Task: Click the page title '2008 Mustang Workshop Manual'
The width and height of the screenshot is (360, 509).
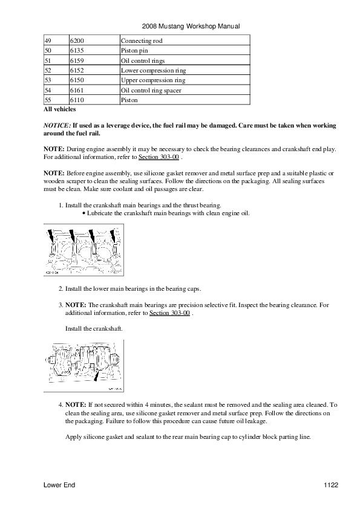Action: pyautogui.click(x=191, y=26)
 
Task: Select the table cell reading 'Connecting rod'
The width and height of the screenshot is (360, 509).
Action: pyautogui.click(x=185, y=41)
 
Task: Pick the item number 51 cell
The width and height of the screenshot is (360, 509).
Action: pyautogui.click(x=56, y=60)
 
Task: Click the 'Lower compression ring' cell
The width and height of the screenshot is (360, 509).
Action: pyautogui.click(x=185, y=70)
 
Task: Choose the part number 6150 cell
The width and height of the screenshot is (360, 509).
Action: pyautogui.click(x=94, y=80)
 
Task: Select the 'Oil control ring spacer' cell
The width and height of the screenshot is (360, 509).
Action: pyautogui.click(x=185, y=90)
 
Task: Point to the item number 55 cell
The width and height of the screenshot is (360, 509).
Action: pyautogui.click(x=56, y=100)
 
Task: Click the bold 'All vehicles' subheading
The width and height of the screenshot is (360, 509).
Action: pyautogui.click(x=60, y=109)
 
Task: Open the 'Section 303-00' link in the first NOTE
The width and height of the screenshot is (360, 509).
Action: pyautogui.click(x=159, y=157)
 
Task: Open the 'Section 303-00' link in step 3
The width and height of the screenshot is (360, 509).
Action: pyautogui.click(x=169, y=313)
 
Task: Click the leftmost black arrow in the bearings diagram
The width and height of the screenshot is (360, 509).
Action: pyautogui.click(x=51, y=236)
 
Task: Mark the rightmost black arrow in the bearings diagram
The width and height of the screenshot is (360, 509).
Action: pyautogui.click(x=113, y=236)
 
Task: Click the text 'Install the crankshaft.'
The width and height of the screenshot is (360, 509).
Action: pyautogui.click(x=94, y=328)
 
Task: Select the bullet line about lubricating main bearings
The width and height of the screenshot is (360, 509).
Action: pyautogui.click(x=166, y=213)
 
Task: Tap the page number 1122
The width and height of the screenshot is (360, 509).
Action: pyautogui.click(x=331, y=485)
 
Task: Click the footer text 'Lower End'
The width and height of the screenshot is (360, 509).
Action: pyautogui.click(x=59, y=485)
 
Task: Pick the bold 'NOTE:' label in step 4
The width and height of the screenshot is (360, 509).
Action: pyautogui.click(x=76, y=405)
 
